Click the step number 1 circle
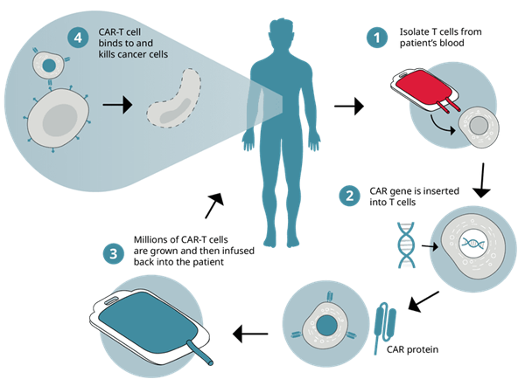[377, 38]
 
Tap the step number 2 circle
[350, 196]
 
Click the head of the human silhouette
[281, 34]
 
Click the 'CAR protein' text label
[411, 349]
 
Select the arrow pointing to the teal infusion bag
[249, 332]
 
